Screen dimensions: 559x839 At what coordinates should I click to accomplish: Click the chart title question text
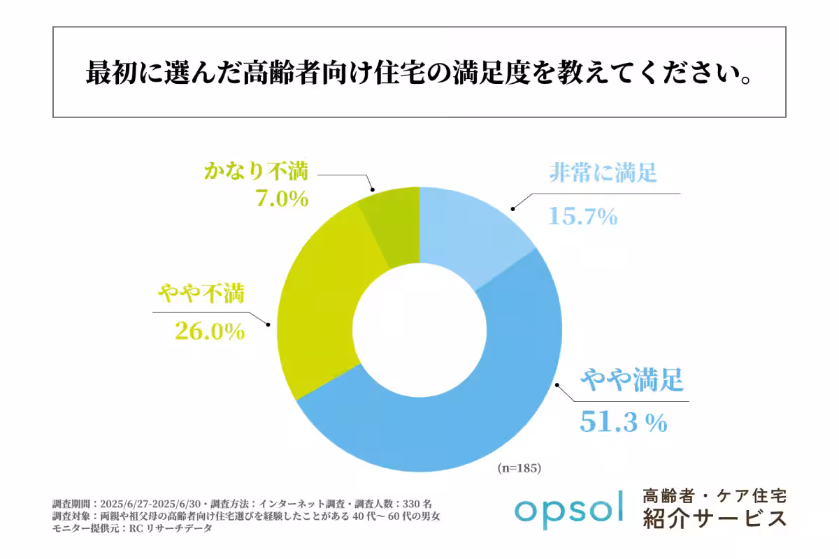419,73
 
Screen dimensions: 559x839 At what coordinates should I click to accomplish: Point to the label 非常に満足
602,172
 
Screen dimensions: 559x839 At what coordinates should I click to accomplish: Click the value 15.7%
582,216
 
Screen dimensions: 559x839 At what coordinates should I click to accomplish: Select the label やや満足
631,382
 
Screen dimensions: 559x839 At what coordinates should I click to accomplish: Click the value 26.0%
201,331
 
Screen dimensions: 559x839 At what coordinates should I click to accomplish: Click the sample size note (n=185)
519,467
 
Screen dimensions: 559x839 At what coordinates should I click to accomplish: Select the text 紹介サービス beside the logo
715,519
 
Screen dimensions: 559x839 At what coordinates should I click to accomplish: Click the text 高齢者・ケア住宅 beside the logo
715,495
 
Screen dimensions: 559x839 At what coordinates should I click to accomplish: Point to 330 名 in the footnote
422,503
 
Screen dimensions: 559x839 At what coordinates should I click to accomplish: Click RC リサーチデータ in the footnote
167,529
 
